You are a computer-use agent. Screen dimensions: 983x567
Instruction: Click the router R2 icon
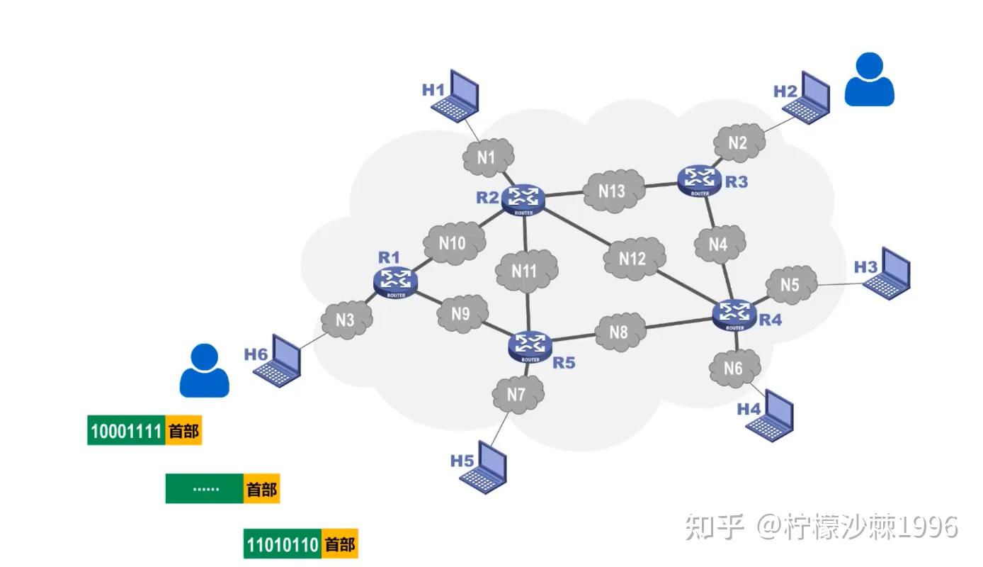click(x=523, y=200)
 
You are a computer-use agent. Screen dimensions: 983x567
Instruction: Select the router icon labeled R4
click(x=734, y=315)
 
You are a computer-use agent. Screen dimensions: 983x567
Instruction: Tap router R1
click(x=395, y=282)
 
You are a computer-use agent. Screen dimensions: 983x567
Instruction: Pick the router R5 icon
click(x=530, y=347)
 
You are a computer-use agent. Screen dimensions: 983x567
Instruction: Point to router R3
click(x=699, y=181)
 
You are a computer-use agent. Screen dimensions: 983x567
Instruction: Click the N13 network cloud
click(x=614, y=191)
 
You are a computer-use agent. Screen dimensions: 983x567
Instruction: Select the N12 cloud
click(x=634, y=258)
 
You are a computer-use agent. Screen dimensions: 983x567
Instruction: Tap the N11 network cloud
click(x=526, y=271)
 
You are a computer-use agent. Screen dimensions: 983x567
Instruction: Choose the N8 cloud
click(x=620, y=332)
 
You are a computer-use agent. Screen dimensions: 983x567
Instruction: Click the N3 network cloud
click(x=347, y=320)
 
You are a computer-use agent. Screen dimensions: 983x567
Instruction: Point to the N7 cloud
click(x=518, y=394)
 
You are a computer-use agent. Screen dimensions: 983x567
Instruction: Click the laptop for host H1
click(x=455, y=96)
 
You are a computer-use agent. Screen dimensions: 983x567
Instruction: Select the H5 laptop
click(x=483, y=467)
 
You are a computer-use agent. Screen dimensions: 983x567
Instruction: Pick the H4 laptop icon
click(x=770, y=415)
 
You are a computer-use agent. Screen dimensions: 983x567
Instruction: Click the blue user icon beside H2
click(x=870, y=79)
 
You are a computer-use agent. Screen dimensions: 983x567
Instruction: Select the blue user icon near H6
click(x=205, y=371)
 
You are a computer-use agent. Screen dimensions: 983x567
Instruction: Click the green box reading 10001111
click(x=126, y=430)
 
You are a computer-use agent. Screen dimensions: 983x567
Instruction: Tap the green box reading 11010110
click(x=283, y=544)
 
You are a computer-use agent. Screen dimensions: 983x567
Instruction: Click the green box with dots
click(x=205, y=488)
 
